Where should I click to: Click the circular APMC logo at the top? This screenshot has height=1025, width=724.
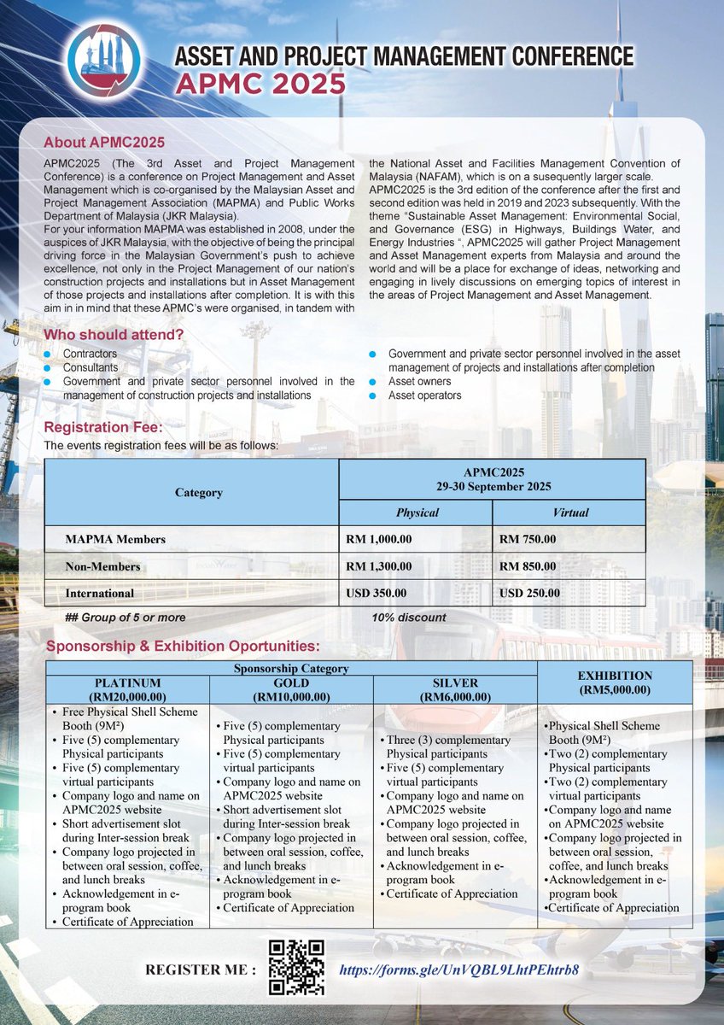click(x=105, y=60)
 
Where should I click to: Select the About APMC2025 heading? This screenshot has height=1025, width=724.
click(x=103, y=142)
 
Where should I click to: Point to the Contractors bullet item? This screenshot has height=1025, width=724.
click(x=90, y=353)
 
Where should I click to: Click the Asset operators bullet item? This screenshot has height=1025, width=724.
click(x=424, y=395)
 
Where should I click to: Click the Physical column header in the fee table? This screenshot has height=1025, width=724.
click(x=417, y=512)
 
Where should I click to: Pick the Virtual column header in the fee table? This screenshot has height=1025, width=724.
click(x=569, y=512)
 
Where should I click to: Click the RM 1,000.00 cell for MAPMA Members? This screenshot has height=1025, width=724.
click(x=379, y=539)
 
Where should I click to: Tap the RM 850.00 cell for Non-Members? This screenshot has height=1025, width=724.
click(x=528, y=565)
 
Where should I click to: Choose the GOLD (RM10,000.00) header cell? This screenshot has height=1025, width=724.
click(x=291, y=689)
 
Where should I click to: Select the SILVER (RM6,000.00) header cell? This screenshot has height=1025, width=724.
click(x=455, y=689)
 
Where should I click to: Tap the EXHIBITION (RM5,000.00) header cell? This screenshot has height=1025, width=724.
click(x=615, y=682)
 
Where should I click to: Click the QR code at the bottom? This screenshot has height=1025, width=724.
click(x=296, y=968)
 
